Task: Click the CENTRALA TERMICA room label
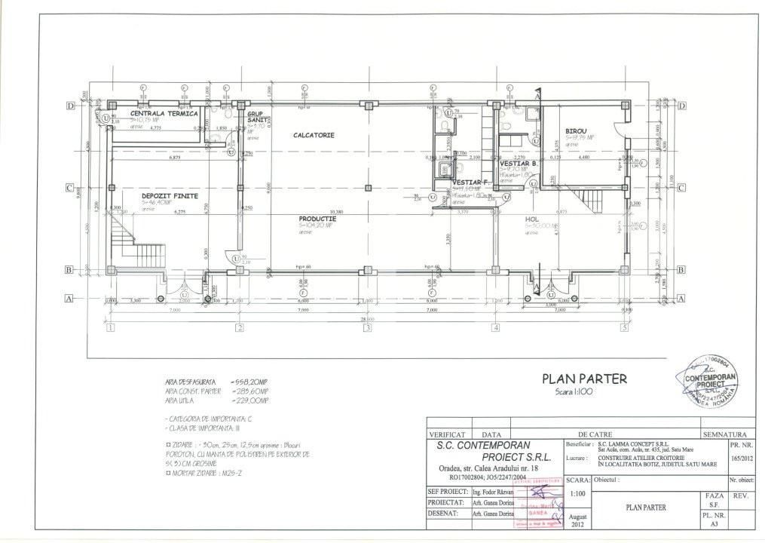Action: tap(164, 113)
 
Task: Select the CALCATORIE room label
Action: tap(314, 135)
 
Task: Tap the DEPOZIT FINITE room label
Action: tap(170, 195)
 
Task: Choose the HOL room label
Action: tap(532, 219)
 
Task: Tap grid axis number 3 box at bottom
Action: tap(367, 327)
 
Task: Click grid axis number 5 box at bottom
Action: tap(624, 327)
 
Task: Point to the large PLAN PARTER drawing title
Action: tap(584, 379)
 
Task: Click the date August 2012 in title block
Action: tap(578, 520)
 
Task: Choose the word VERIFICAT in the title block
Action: tap(451, 435)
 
